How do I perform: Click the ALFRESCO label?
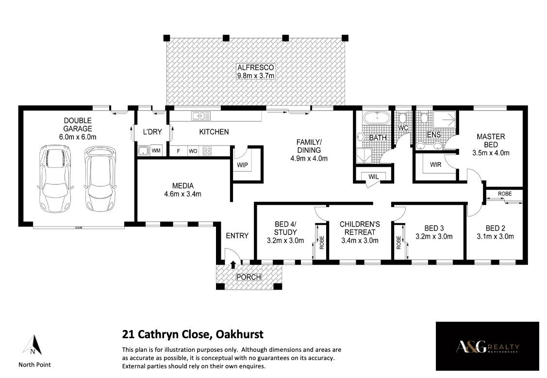256,67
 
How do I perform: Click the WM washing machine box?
156,150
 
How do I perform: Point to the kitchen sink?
200,116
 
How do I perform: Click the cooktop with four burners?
207,151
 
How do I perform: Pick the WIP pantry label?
243,165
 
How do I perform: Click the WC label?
403,128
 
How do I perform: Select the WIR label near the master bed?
435,164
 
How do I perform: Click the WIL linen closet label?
373,177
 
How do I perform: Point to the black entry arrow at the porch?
233,264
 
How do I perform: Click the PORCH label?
249,277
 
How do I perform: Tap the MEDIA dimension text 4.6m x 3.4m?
183,194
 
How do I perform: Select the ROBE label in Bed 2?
505,194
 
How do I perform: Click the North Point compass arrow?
33,345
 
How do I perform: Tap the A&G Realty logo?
487,346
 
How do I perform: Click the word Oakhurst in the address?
240,334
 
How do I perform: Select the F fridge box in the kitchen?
179,151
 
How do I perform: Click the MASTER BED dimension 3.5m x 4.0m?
491,153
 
